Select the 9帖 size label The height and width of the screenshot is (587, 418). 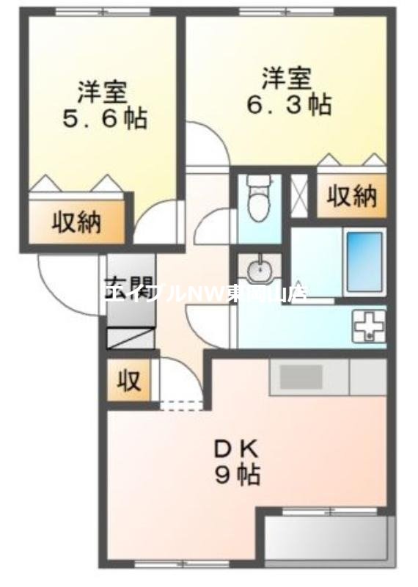click(x=237, y=475)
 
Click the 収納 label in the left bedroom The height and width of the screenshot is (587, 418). click(x=76, y=222)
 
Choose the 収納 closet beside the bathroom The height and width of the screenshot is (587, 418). click(x=352, y=197)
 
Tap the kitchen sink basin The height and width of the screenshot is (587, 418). click(x=300, y=377)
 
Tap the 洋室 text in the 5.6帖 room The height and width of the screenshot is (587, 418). click(x=103, y=92)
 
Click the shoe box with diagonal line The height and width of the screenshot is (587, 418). click(x=131, y=338)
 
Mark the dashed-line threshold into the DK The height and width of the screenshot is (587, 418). click(x=180, y=404)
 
